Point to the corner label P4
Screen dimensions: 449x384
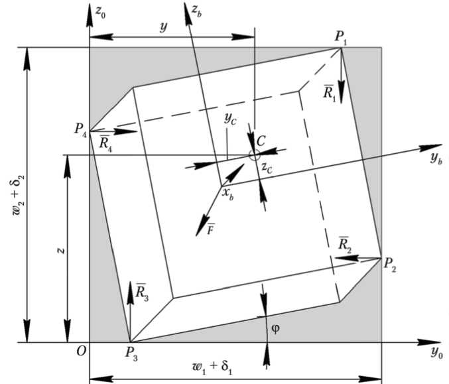[80, 128]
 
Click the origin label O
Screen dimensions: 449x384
[81, 352]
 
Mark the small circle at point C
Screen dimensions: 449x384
[255, 155]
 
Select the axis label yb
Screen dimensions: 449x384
[435, 159]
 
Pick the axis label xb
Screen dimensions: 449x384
[227, 194]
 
